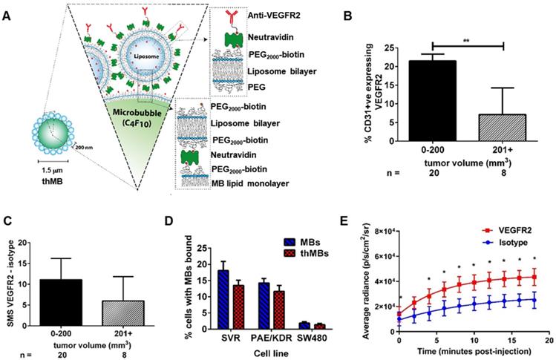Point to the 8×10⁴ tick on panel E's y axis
[x=379, y=234]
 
